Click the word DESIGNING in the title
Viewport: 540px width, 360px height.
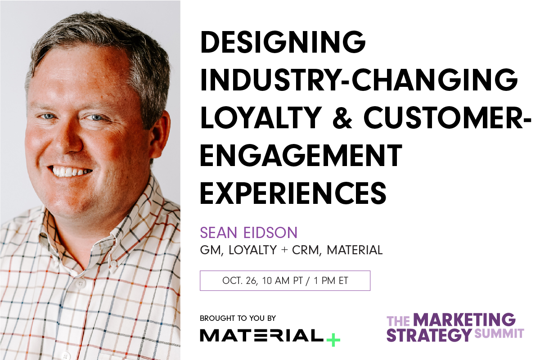pos(283,43)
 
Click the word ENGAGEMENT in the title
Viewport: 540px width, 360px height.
pos(301,156)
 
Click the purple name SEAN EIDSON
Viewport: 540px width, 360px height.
pos(249,233)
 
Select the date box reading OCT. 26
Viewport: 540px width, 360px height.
pos(285,281)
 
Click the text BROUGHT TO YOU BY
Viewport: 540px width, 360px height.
pos(238,318)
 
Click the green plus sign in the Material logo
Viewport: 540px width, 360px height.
pos(333,338)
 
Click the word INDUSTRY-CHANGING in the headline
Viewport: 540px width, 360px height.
pos(359,81)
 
